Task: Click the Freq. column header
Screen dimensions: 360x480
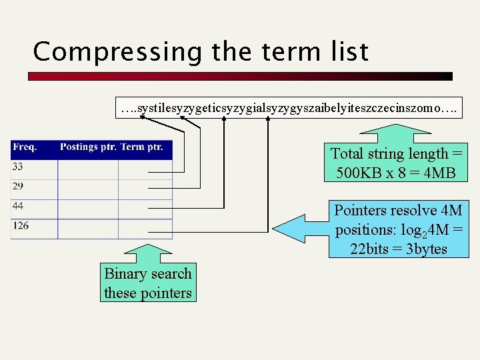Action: pos(25,147)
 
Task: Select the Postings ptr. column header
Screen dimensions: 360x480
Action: pos(87,147)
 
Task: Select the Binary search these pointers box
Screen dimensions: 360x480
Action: pos(148,283)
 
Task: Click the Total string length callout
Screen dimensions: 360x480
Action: pos(397,163)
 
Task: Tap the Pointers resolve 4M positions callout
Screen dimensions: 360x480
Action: pos(399,230)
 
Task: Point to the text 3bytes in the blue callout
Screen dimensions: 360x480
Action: pos(423,249)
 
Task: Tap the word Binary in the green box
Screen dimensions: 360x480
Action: pos(126,273)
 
